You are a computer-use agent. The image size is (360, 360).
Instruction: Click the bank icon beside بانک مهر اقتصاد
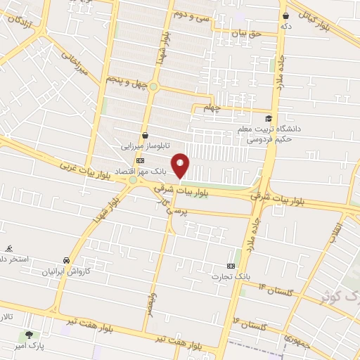[x=139, y=161]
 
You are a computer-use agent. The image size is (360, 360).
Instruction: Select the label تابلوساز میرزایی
[x=143, y=148]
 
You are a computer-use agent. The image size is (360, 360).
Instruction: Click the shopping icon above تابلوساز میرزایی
[x=145, y=135]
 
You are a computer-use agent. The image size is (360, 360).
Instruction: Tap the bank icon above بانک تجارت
[x=231, y=264]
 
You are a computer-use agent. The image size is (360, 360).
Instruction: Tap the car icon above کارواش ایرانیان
[x=67, y=259]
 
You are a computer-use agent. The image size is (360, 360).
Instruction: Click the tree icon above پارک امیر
[x=29, y=335]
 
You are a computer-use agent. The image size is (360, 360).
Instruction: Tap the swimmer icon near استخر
[x=9, y=248]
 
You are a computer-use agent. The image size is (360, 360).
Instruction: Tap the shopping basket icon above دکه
[x=286, y=15]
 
